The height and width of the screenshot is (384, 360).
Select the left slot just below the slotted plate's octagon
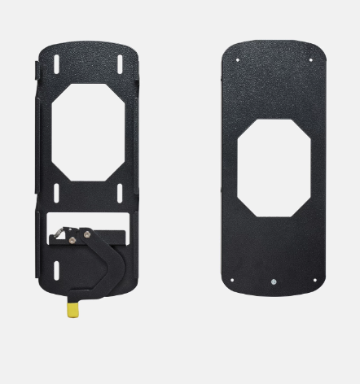pos(56,192)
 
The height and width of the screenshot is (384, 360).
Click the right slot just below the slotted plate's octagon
pos(119,192)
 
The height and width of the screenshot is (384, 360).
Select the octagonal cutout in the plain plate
pos(274,168)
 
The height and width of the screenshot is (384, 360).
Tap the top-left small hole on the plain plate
pos(236,59)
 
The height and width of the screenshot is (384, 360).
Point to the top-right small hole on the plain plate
pos(311,59)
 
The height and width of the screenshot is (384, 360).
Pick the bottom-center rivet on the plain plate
pos(273,282)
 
